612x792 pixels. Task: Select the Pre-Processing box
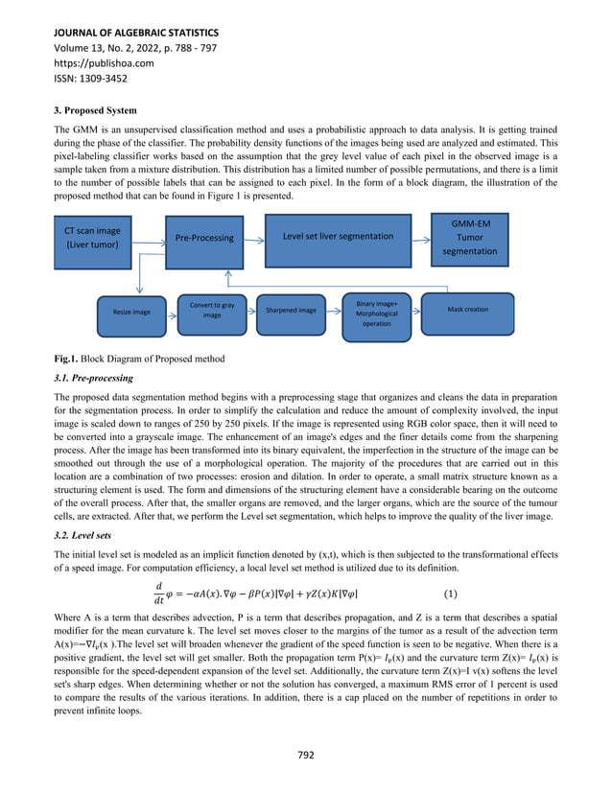click(x=203, y=237)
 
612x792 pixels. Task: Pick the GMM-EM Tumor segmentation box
click(x=470, y=236)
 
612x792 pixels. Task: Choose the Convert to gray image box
click(x=211, y=310)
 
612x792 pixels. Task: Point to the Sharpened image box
click(x=292, y=310)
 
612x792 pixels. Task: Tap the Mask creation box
click(x=468, y=310)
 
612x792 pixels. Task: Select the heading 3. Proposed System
click(x=95, y=110)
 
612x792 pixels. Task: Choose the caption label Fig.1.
click(x=66, y=359)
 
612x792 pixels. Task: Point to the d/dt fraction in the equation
click(x=158, y=594)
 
